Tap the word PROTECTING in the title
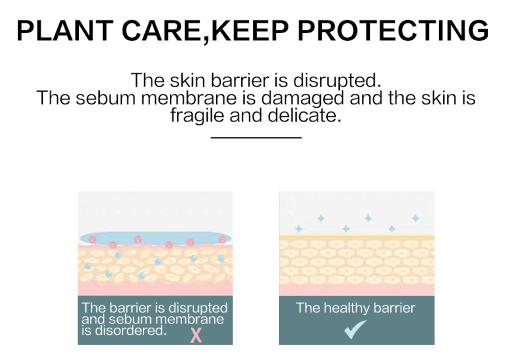tap(393, 31)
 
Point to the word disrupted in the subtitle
tap(337, 81)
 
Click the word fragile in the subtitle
tap(197, 116)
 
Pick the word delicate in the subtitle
tap(304, 115)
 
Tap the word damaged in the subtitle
tap(302, 99)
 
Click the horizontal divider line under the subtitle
tap(256, 138)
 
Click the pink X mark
tap(196, 335)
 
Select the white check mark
tap(355, 329)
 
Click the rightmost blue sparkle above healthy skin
tap(415, 219)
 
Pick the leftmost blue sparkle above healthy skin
tap(299, 229)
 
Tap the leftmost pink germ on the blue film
tap(92, 239)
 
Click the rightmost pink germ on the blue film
tap(222, 239)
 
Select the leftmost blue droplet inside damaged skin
tap(88, 266)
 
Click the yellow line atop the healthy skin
tap(357, 237)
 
